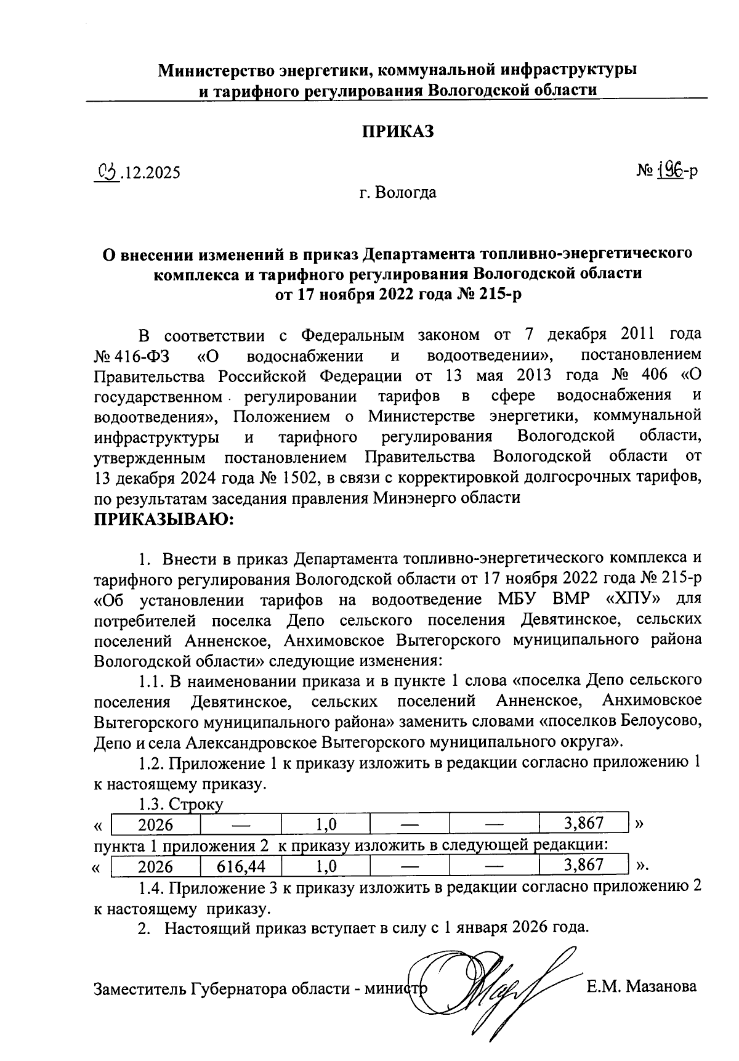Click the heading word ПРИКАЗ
tap(397, 132)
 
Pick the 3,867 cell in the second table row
tap(583, 865)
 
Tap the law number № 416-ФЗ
tap(133, 356)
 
